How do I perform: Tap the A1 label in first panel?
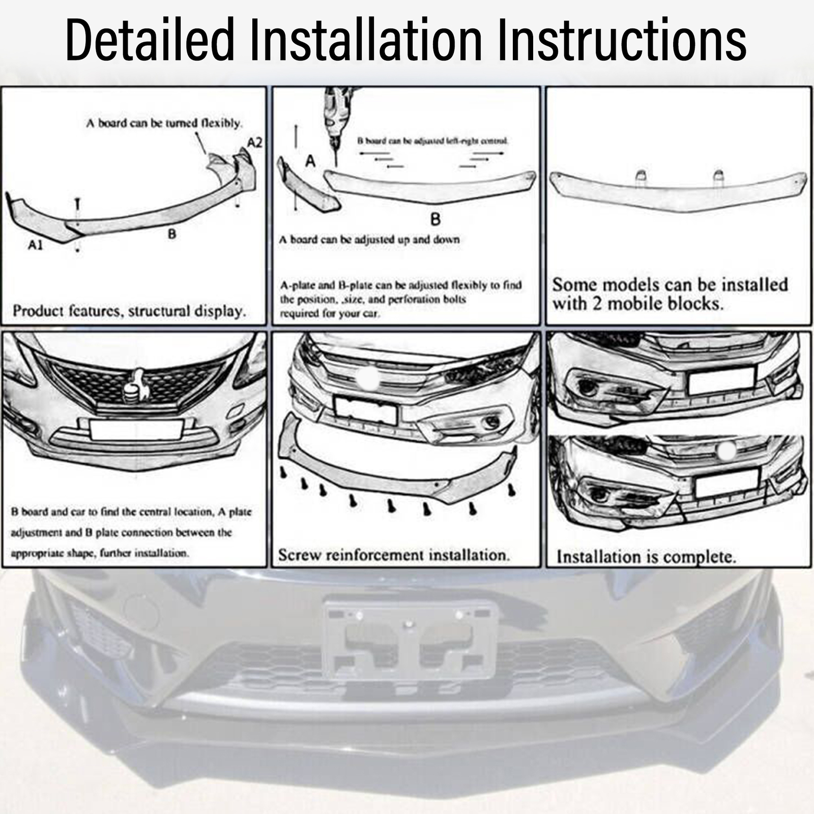[35, 245]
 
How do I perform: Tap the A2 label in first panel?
[254, 142]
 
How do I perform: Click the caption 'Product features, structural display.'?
[129, 311]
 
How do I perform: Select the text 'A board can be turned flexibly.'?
[164, 123]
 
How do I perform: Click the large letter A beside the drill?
[310, 162]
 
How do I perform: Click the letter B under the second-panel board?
[435, 219]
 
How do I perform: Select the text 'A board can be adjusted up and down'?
[369, 240]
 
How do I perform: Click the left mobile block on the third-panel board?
[641, 176]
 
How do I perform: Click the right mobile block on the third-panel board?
[718, 176]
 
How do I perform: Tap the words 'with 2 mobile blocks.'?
[638, 304]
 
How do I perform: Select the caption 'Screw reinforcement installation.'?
[394, 555]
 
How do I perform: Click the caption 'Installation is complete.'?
[646, 557]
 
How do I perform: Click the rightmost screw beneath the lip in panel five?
[512, 489]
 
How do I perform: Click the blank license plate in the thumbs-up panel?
[136, 430]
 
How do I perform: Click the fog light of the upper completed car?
[589, 387]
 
